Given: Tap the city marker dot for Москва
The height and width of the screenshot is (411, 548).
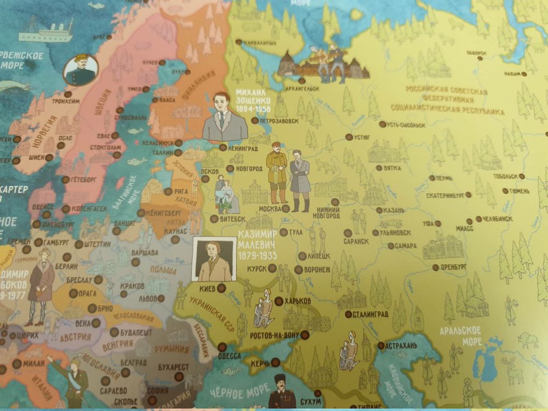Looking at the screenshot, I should (x=286, y=209).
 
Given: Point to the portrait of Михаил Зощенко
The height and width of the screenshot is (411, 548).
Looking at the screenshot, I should (x=225, y=118).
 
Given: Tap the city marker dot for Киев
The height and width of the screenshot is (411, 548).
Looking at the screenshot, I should (x=221, y=288).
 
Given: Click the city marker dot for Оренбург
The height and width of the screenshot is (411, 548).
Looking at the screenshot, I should (x=435, y=267).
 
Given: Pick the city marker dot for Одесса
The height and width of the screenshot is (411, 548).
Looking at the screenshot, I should (x=222, y=346).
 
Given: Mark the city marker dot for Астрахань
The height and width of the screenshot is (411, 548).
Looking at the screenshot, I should (x=381, y=346).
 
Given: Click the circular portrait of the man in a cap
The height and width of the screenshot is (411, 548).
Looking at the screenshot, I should (x=81, y=70).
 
